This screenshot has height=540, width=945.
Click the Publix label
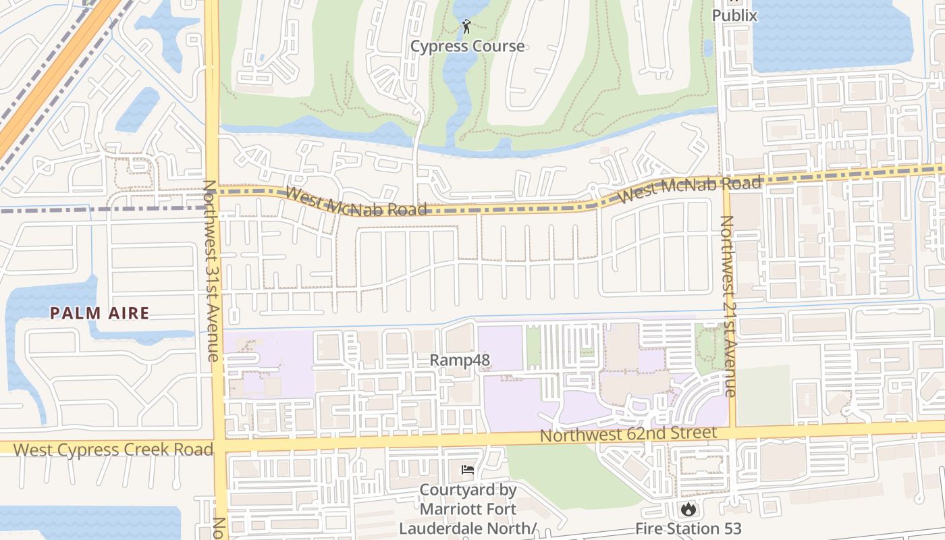pos(734,15)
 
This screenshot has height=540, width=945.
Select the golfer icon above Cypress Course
pos(466,27)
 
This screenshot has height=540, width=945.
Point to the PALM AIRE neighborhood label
pos(99,313)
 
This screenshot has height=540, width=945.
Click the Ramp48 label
pos(460,360)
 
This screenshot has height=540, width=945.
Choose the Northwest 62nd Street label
pos(628,434)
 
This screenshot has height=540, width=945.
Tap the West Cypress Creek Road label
pos(113,450)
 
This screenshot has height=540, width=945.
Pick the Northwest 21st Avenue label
pos(727,305)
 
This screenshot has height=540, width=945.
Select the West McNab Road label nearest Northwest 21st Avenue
pos(689,189)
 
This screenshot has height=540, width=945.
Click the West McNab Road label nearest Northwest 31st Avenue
pos(356,202)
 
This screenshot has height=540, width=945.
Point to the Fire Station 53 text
pos(688,529)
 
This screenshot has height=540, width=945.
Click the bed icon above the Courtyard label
pos(467,470)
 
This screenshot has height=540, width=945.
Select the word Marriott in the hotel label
pos(459,509)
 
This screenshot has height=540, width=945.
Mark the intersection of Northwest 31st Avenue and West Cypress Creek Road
pos(218,448)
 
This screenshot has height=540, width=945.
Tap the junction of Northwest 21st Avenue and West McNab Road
pos(726,184)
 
